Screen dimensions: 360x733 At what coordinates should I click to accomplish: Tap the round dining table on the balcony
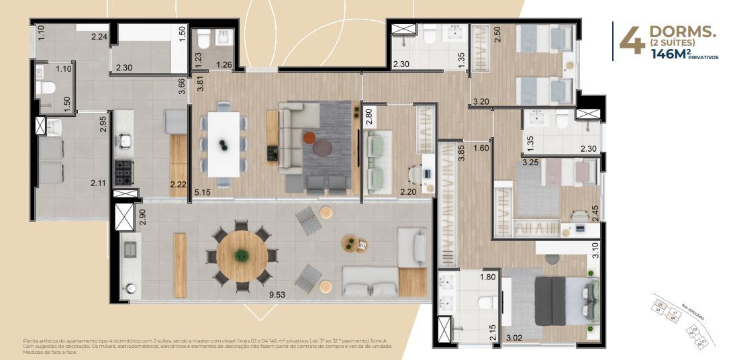[x=242, y=256]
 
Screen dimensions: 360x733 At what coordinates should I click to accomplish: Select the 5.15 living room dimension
[x=203, y=193]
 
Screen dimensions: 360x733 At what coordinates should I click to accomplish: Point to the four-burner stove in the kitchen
[x=124, y=173]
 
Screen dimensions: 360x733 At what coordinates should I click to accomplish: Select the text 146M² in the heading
[x=672, y=55]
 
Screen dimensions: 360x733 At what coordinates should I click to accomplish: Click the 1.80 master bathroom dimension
[x=487, y=277]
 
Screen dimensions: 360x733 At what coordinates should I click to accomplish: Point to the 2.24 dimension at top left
[x=99, y=37]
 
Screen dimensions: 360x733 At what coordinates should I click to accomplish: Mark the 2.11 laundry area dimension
[x=99, y=182]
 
